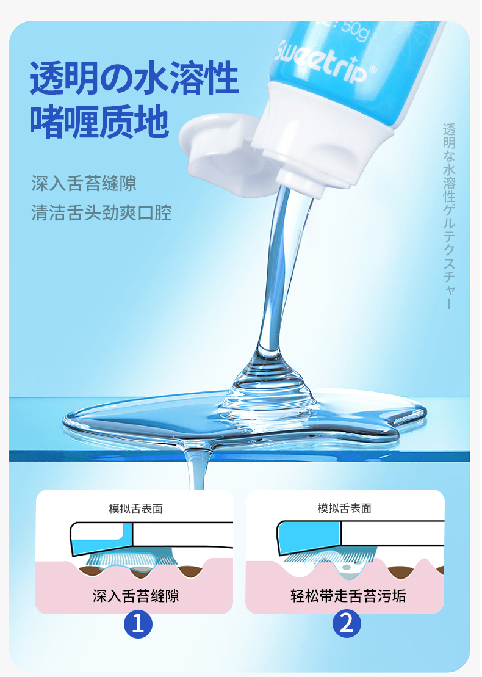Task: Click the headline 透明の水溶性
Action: click(x=134, y=78)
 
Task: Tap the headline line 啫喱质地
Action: click(x=99, y=121)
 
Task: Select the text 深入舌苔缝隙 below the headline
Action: click(x=84, y=184)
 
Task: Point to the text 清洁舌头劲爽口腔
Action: click(x=101, y=212)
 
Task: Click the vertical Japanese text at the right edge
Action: click(x=449, y=216)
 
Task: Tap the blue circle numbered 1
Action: click(x=138, y=624)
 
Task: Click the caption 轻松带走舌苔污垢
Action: click(x=348, y=596)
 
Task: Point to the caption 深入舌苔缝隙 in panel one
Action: click(x=135, y=596)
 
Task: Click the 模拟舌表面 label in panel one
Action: click(x=135, y=509)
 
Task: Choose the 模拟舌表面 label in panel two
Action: click(x=344, y=508)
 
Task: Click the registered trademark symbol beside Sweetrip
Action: click(x=373, y=69)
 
